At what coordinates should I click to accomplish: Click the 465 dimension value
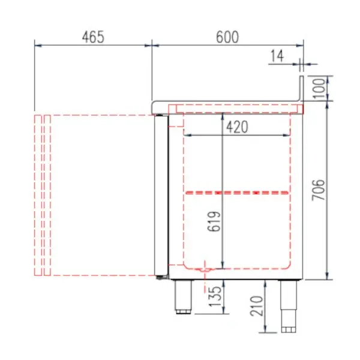(x=92, y=37)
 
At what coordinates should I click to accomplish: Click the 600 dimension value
(x=227, y=37)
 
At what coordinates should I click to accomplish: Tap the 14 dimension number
(x=277, y=56)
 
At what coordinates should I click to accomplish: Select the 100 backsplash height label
(x=320, y=88)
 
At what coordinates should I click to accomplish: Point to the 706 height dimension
(x=320, y=190)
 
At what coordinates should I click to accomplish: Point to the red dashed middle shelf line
(x=236, y=193)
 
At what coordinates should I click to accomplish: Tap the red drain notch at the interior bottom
(x=206, y=269)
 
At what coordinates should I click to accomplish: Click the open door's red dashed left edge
(x=37, y=195)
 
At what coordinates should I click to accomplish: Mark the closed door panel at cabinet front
(x=160, y=195)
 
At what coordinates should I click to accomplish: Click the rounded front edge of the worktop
(x=154, y=107)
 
